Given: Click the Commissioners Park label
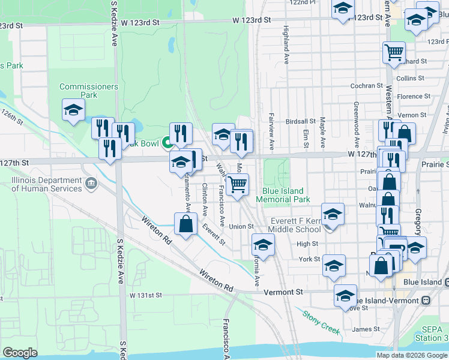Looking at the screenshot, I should (x=88, y=91).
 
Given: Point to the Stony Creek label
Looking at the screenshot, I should (x=321, y=322).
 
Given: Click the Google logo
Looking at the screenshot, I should (x=20, y=353).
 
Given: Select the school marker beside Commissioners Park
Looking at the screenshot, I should (x=73, y=110).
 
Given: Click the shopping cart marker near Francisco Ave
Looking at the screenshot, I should (x=238, y=185).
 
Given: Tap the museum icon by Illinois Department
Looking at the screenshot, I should (x=91, y=183).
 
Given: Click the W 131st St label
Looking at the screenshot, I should (x=146, y=296).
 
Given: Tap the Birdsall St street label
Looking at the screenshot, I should (x=301, y=121).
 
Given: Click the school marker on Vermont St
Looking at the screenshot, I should (x=345, y=295).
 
